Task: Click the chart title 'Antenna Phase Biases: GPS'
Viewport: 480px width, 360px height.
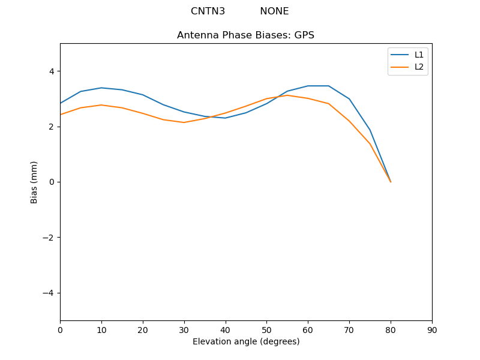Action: (245, 35)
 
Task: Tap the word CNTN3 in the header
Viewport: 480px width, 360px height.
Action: (208, 11)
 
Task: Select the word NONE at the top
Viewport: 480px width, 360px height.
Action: (274, 11)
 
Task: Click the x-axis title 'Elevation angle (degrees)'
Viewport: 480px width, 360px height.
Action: (246, 341)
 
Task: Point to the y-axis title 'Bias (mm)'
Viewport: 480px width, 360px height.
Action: (34, 182)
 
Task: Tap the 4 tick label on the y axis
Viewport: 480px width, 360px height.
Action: (51, 71)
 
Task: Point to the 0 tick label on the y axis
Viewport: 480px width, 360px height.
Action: (51, 182)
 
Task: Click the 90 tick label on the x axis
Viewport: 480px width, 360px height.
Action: (432, 330)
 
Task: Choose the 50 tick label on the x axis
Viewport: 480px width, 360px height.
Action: (266, 330)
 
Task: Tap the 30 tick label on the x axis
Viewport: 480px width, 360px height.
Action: (184, 330)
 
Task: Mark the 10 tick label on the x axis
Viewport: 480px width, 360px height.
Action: (101, 330)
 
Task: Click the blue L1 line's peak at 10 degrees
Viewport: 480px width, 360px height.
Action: (101, 88)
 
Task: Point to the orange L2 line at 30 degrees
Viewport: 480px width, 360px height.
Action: (184, 122)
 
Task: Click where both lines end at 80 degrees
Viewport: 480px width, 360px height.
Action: (391, 181)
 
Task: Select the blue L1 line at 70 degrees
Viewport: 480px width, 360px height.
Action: (349, 99)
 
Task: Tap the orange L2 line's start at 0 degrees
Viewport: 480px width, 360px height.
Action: (61, 115)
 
